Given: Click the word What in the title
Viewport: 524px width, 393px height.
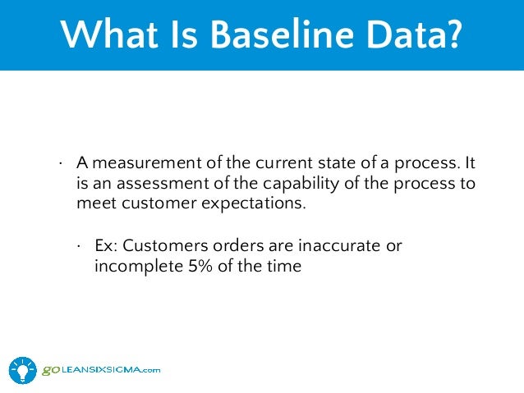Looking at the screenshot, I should [x=108, y=35].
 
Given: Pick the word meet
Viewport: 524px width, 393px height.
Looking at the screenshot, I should [x=93, y=203].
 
